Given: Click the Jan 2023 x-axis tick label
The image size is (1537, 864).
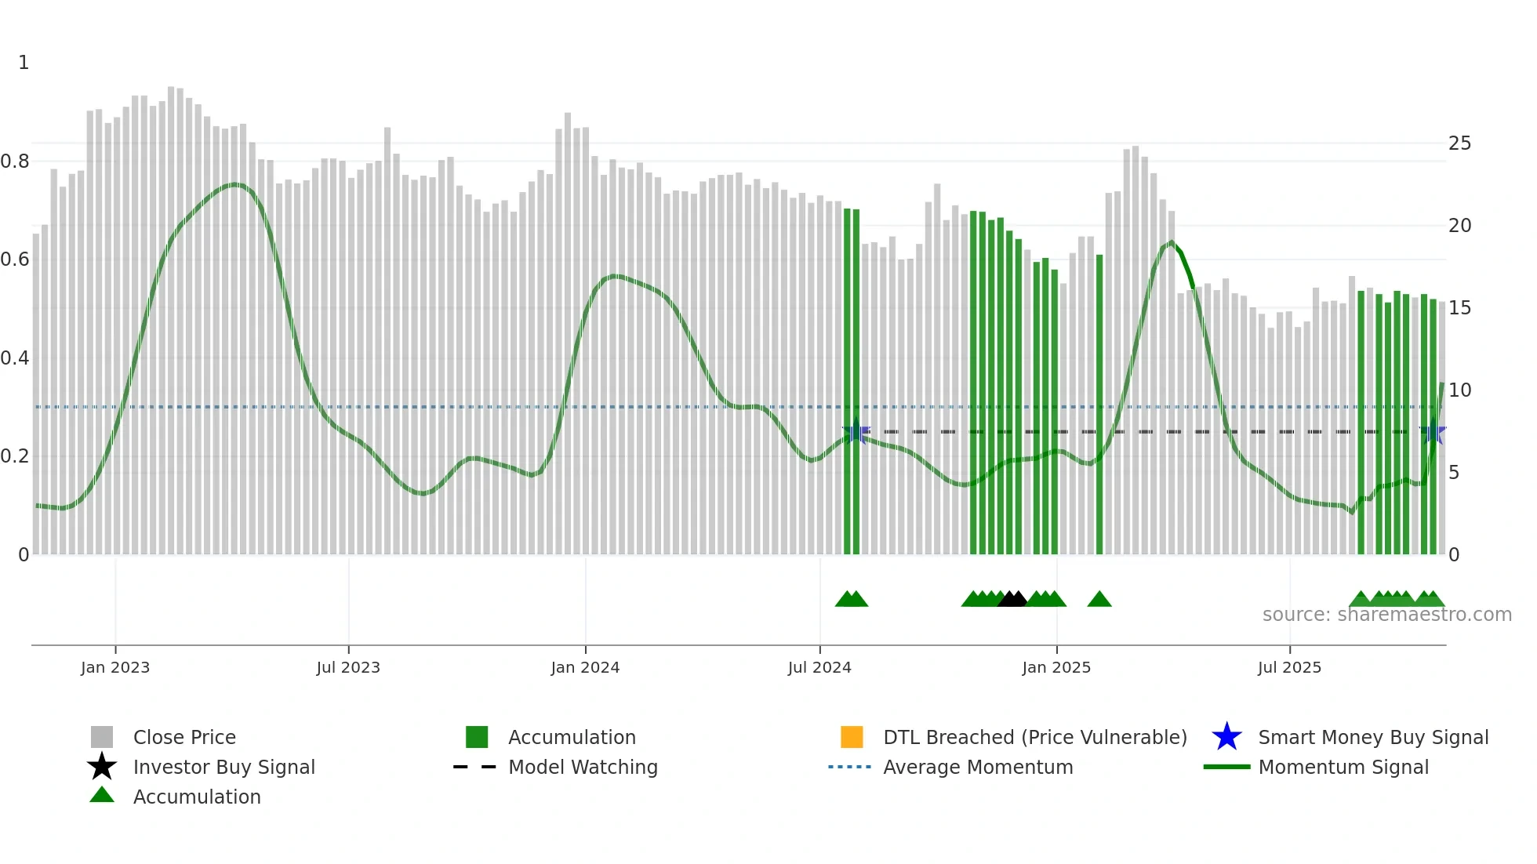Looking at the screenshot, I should [x=115, y=667].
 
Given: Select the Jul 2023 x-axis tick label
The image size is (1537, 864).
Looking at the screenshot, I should [x=348, y=667].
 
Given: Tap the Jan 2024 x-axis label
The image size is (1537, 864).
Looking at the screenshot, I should [x=585, y=667].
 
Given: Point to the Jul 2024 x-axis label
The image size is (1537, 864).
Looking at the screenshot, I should [x=819, y=667].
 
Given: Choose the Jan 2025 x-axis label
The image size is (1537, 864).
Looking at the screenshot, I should [x=1056, y=667].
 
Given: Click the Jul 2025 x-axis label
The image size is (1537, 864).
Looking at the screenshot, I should [x=1289, y=667].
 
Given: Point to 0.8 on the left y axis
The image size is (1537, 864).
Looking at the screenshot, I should [x=15, y=162].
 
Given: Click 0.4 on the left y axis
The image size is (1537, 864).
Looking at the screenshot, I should [x=15, y=358].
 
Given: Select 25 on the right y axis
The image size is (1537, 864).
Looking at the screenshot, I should [x=1459, y=143].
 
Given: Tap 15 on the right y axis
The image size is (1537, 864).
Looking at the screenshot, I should [x=1459, y=308].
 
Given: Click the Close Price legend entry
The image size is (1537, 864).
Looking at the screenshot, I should [x=184, y=737].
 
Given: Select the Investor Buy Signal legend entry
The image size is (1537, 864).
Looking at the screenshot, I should [x=223, y=767].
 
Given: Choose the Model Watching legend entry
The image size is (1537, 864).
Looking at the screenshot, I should [x=583, y=767].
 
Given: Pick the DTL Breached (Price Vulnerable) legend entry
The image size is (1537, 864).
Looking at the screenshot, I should [x=1034, y=737].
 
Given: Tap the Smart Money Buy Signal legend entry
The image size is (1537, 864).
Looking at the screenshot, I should [x=1372, y=737].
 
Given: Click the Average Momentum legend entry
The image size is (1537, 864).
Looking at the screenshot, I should [x=977, y=767].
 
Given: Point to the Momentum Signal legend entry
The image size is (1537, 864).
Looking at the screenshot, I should [x=1343, y=767].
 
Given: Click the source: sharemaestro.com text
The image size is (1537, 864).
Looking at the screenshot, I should [x=1386, y=615].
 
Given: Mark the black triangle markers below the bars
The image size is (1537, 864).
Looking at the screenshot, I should [x=1012, y=599].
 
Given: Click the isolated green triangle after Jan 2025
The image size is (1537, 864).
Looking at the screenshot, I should [x=1099, y=600].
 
